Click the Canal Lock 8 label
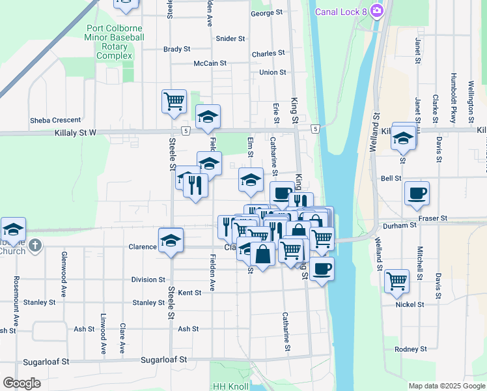[341, 12]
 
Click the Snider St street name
[230, 38]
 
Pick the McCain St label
[210, 63]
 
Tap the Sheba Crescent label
[55, 120]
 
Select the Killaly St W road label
[75, 132]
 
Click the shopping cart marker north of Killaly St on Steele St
[174, 101]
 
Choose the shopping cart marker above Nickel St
[397, 281]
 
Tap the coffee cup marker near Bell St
[417, 193]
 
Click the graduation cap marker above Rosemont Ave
[13, 229]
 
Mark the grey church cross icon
[36, 246]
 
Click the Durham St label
[400, 225]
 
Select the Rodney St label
[410, 349]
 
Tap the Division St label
[148, 280]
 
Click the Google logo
[21, 383]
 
